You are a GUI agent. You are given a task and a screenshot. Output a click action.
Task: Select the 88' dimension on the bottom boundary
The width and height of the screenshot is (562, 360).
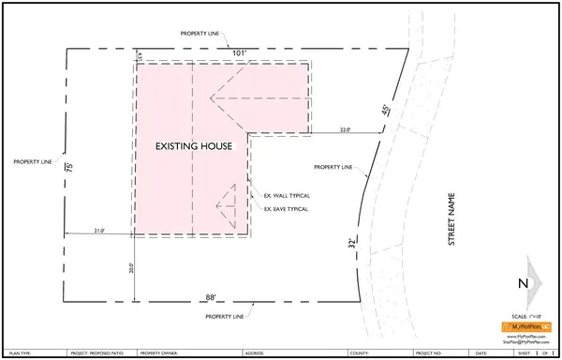[212, 297]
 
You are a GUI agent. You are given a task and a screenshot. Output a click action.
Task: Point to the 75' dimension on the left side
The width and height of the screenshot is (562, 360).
[69, 170]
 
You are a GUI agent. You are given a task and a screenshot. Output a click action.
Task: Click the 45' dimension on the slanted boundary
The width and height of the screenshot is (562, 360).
[384, 111]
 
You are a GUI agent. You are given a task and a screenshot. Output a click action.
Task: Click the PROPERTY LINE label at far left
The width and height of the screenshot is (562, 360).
[33, 161]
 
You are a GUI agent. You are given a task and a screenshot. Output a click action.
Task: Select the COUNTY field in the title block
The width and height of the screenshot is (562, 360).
[357, 353]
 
